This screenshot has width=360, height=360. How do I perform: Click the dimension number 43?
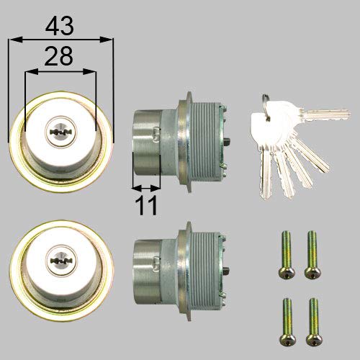pyautogui.click(x=60, y=27)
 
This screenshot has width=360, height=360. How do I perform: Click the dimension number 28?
pyautogui.click(x=60, y=57)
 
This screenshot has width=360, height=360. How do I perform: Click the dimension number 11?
pyautogui.click(x=147, y=206)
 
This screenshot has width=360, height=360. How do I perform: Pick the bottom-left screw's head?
pyautogui.click(x=283, y=336)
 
